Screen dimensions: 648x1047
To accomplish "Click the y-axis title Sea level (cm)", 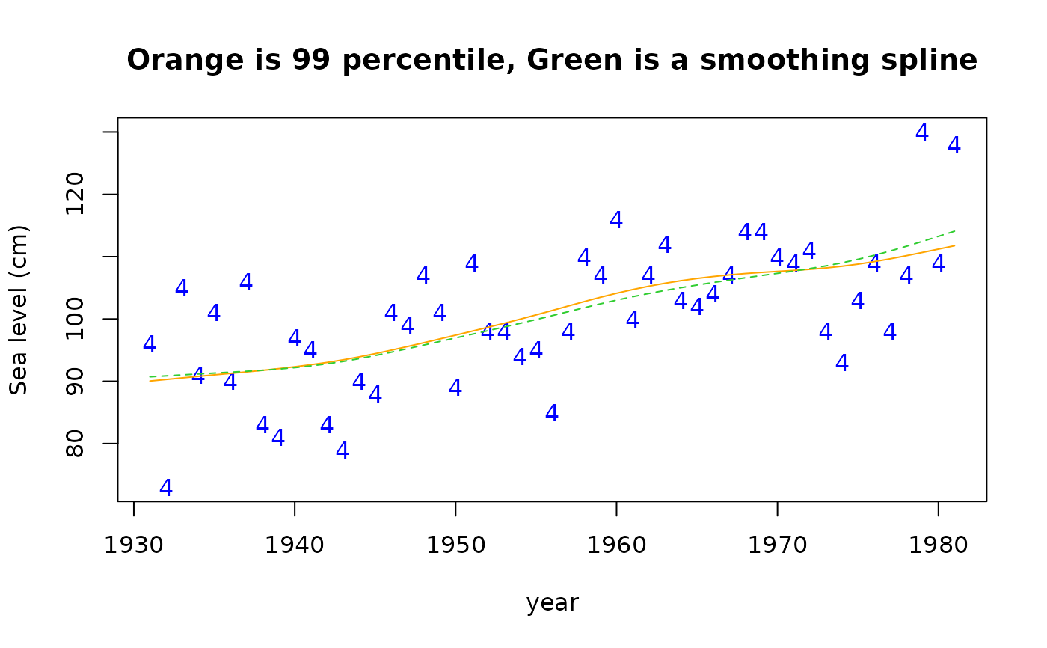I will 19,309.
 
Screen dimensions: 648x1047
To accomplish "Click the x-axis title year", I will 552,602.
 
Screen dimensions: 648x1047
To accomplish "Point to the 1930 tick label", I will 134,545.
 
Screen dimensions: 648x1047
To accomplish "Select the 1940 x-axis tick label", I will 295,545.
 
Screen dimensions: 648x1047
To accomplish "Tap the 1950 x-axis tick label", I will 455,545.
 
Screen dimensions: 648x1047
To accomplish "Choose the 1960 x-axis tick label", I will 616,545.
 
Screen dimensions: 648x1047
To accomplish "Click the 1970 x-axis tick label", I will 777,545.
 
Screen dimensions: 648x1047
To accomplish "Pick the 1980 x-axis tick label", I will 938,545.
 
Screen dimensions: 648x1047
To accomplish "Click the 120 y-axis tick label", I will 75,195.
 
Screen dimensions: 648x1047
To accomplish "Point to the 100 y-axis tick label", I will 75,319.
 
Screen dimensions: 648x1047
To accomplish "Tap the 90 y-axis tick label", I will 75,382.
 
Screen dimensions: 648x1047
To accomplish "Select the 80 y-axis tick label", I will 75,444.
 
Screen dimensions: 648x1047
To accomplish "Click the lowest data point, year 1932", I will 166,488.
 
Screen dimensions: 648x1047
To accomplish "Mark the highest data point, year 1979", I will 922,132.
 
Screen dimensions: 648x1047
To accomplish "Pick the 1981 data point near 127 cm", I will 954,145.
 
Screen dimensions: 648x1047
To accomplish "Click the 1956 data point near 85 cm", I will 552,413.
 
